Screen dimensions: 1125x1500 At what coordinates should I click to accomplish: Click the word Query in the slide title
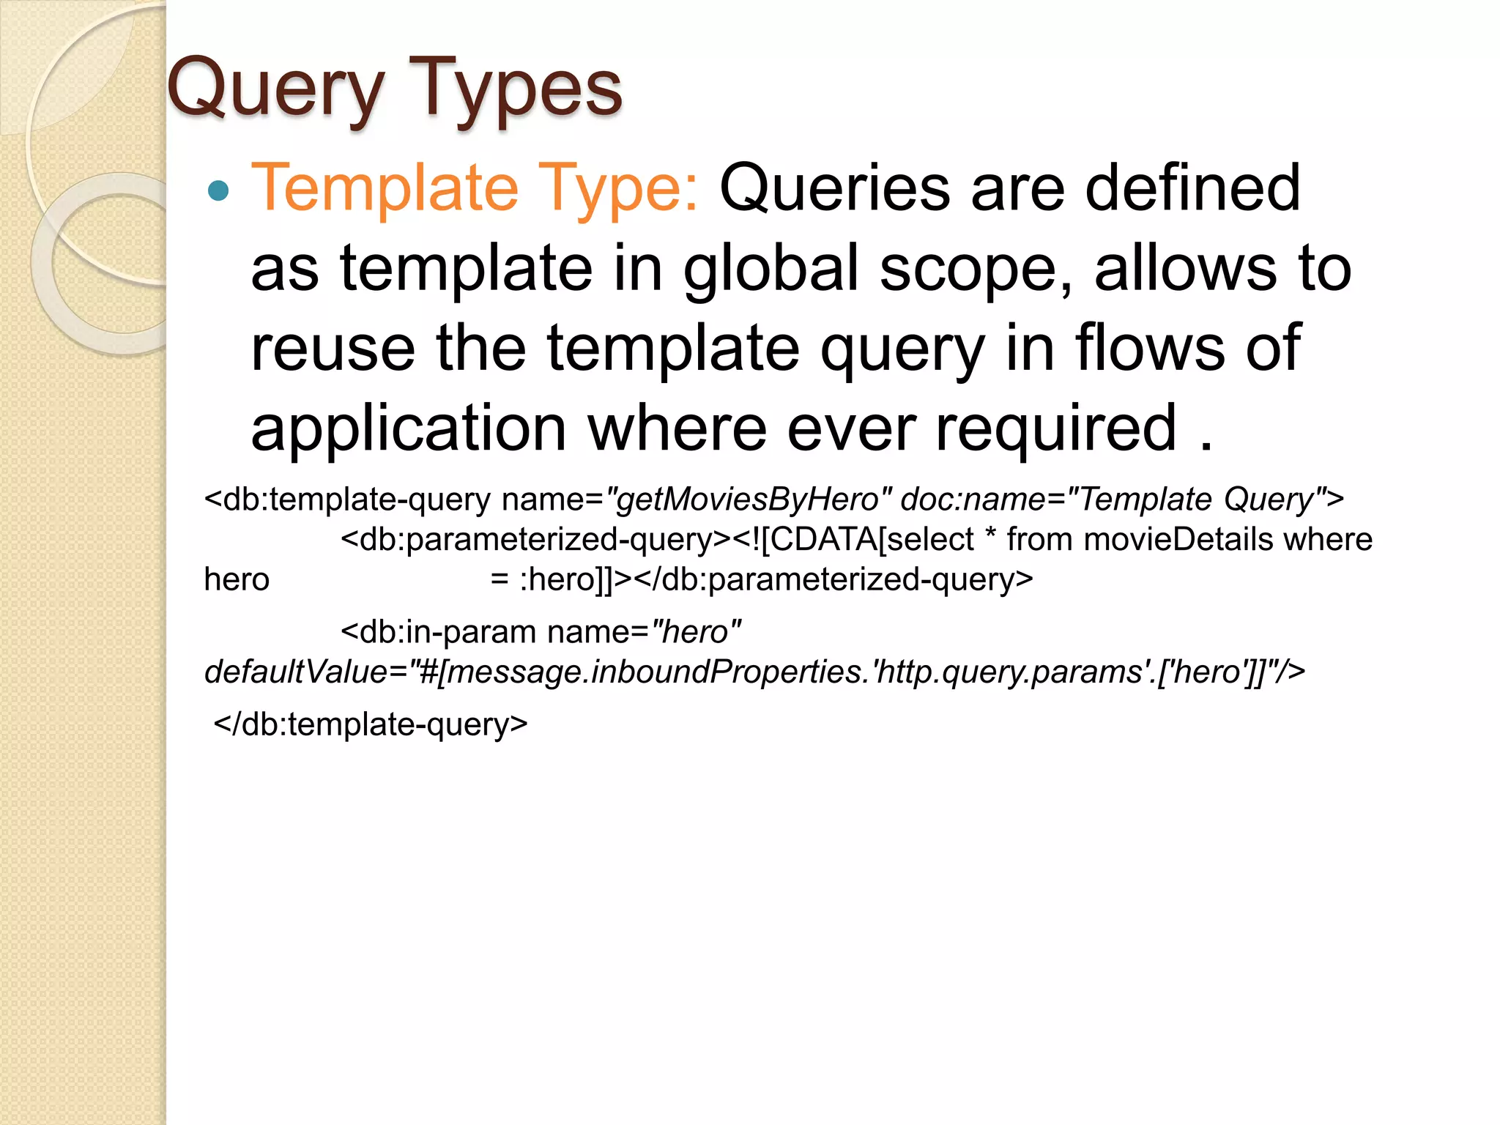275,89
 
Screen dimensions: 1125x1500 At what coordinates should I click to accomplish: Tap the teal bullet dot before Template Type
218,191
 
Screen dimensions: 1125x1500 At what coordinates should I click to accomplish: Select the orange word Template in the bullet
385,187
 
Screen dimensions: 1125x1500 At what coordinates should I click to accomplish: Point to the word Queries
835,189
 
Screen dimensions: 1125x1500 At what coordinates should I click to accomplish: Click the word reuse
333,348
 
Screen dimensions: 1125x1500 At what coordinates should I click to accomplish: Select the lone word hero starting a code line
237,579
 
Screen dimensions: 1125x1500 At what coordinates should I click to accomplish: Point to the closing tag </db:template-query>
370,724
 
